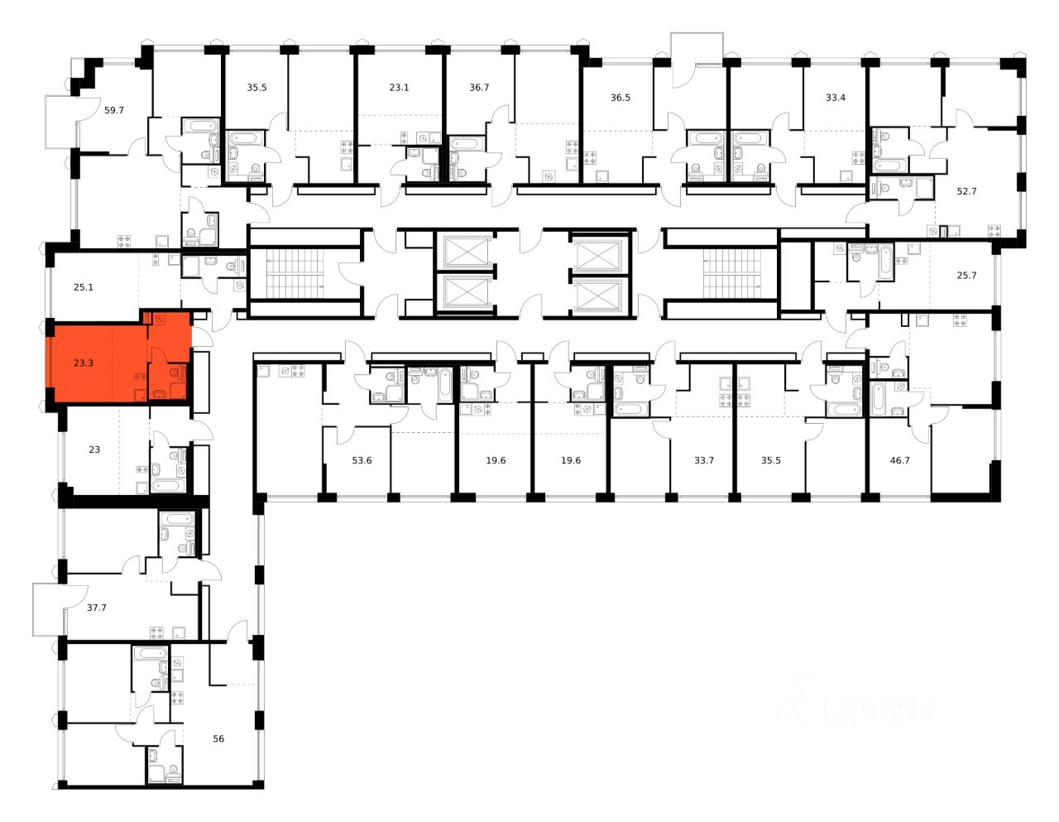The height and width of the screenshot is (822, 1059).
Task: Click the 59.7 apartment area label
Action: tap(113, 109)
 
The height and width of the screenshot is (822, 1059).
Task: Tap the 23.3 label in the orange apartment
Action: tap(83, 363)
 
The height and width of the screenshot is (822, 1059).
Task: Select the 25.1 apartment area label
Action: tap(83, 287)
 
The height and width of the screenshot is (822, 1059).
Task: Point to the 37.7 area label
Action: tap(96, 607)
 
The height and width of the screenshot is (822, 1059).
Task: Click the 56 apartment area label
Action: tap(218, 738)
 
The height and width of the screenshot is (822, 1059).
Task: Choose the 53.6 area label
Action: tap(362, 460)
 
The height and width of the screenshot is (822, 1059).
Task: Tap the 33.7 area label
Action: tap(703, 460)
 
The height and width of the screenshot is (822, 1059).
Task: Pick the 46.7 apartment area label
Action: tap(899, 460)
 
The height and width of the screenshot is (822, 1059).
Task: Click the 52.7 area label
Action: tap(966, 190)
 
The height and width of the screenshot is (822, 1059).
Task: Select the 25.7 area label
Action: tap(966, 275)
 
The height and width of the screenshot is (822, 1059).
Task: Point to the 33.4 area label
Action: tap(836, 97)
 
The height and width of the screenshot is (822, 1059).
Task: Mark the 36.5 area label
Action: tap(621, 97)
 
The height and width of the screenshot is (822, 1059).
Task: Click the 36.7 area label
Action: tap(479, 87)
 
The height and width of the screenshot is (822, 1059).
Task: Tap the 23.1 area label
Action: tap(399, 87)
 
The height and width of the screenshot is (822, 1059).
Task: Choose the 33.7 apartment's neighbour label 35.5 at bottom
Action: tap(770, 460)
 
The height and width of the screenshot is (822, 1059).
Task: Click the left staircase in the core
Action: tap(295, 273)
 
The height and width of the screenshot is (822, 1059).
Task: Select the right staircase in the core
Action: tap(731, 273)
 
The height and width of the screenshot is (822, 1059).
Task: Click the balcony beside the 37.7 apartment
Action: tap(48, 610)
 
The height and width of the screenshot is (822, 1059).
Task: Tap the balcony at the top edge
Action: tap(697, 60)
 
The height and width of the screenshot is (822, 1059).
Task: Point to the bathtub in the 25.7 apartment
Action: tap(886, 262)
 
